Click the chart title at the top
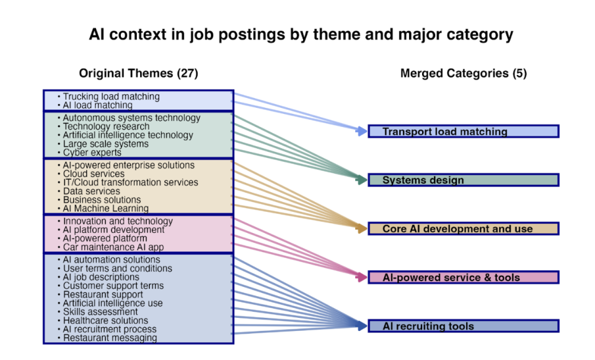pos(301,34)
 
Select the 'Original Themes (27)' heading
pos(138,73)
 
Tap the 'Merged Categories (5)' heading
pos(463,73)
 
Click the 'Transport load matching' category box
pos(463,131)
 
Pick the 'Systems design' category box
pos(463,180)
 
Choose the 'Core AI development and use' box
pos(463,229)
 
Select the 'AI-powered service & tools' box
pos(463,278)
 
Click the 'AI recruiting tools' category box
pos(463,326)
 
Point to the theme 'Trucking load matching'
pos(111,97)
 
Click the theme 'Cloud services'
pos(94,174)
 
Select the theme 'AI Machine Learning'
pos(105,209)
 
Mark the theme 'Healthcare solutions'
pos(105,320)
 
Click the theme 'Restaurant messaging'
pos(110,338)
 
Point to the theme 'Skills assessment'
pos(100,312)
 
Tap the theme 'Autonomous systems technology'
pos(131,118)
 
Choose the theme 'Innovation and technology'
pos(118,221)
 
